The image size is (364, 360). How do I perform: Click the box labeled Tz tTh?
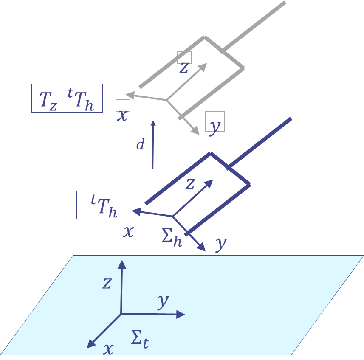coord(67,98)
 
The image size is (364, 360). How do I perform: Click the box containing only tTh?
coord(100,205)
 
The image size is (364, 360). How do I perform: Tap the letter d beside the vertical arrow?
coord(141,145)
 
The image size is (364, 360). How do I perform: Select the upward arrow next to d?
coord(153,144)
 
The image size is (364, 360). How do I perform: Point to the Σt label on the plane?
coord(140,340)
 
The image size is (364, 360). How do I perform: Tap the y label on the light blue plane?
coord(163,302)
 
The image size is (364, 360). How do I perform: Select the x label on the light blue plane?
coord(109,349)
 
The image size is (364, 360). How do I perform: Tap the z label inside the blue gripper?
coord(190,184)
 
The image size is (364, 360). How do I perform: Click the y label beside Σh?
coord(220,243)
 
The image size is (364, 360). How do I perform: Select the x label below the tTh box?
coord(128,232)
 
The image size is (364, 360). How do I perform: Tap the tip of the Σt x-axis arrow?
coord(88,347)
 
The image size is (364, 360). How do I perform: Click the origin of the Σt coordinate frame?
coord(121,314)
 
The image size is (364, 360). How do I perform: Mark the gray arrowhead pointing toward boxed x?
coord(129,95)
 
